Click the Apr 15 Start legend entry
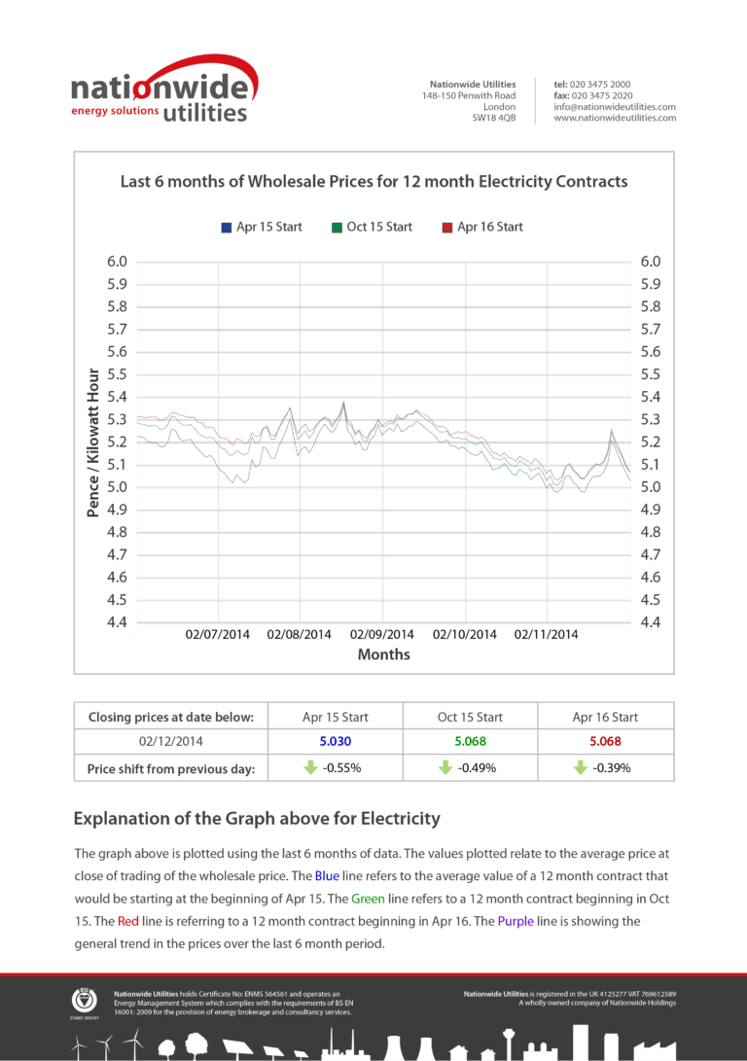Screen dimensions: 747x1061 pos(262,228)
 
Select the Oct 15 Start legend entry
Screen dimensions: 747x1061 pos(373,228)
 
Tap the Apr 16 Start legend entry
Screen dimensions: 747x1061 pos(482,228)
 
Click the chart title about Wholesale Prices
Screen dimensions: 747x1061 pos(374,182)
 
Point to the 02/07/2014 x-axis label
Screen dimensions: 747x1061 pos(217,635)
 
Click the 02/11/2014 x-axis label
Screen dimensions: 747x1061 pos(546,635)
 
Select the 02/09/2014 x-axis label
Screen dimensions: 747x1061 pos(381,635)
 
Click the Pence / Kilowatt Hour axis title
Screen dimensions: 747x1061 pos(93,442)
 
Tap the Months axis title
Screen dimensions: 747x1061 pos(383,654)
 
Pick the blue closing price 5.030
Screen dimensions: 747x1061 pos(336,742)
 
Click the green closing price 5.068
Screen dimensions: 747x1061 pos(470,742)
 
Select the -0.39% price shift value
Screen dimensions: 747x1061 pos(612,768)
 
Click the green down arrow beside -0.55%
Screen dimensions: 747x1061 pos(310,767)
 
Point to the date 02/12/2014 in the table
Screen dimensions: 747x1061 pos(171,742)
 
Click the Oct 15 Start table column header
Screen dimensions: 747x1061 pos(470,718)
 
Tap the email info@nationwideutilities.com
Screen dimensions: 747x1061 pos(615,107)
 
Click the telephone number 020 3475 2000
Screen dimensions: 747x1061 pos(600,85)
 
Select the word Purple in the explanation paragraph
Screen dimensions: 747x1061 pos(516,922)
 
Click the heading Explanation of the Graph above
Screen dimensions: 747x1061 pos(257,819)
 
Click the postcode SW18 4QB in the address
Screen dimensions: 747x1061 pos(494,118)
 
